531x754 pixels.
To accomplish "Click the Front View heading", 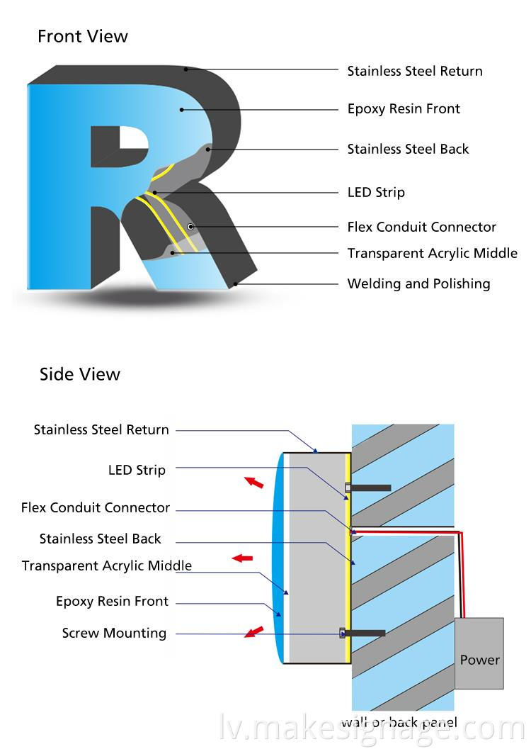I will tap(83, 36).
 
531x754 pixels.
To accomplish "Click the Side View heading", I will tap(80, 374).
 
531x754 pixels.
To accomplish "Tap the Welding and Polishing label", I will tap(418, 283).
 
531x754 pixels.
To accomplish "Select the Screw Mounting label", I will tap(114, 634).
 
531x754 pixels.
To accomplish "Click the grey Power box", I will tap(479, 653).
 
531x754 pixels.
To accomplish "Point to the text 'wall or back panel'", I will tap(399, 724).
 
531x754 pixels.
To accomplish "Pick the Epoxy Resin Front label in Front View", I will tap(404, 108).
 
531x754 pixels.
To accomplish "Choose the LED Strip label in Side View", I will tap(137, 470).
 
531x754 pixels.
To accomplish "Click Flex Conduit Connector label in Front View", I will tap(421, 227).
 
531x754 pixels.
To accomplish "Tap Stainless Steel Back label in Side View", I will tap(101, 539).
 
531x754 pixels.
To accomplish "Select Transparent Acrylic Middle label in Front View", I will tap(432, 253).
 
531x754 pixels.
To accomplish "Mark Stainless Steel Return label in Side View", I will tap(101, 429).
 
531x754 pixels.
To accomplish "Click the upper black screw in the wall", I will tap(370, 488).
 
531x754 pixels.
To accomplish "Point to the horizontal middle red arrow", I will tap(243, 558).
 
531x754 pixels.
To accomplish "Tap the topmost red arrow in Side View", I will tap(253, 483).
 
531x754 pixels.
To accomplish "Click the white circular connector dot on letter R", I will tap(190, 226).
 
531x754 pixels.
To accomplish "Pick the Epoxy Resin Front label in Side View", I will tap(112, 602).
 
